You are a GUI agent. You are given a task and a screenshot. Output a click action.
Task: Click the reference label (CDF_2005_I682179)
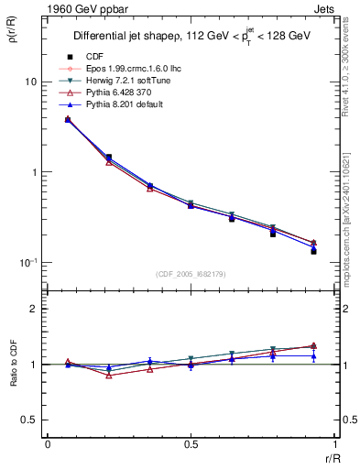(x=191, y=273)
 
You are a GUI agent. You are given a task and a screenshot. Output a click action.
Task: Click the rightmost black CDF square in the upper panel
(x=313, y=251)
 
